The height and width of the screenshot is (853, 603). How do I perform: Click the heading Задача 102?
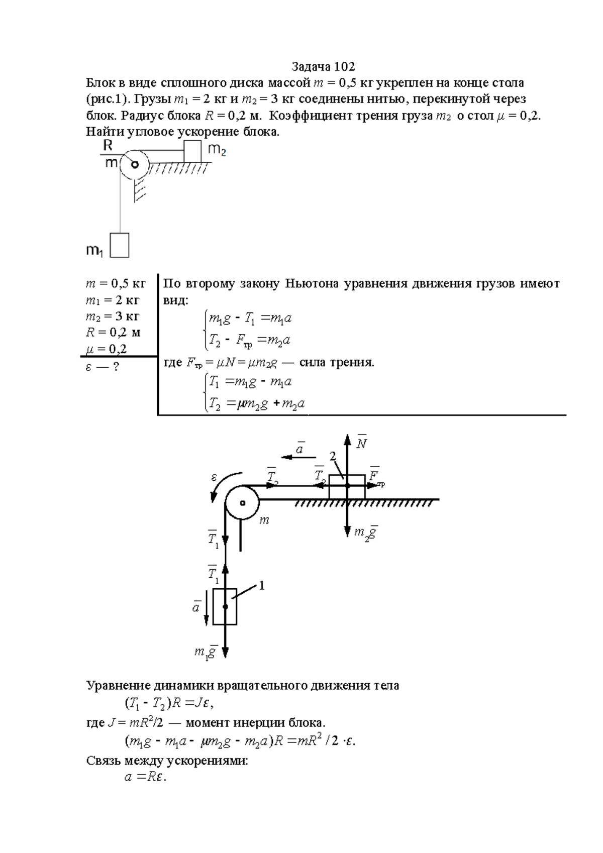(323, 67)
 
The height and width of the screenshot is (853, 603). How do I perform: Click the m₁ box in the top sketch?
(120, 245)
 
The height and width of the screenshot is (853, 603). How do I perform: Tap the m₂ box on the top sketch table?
(192, 151)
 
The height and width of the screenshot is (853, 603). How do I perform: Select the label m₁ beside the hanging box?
(94, 251)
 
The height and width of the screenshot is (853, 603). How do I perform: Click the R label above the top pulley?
(108, 146)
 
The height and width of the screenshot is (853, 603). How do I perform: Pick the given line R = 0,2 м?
(113, 333)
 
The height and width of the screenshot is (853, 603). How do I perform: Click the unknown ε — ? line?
(102, 367)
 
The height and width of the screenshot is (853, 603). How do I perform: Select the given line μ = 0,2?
(107, 349)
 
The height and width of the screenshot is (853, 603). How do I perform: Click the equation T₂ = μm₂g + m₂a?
(257, 403)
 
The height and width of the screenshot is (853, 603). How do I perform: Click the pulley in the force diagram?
(242, 503)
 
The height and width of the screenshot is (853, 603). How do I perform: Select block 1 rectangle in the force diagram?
(225, 606)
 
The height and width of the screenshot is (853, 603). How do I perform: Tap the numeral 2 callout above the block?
(332, 456)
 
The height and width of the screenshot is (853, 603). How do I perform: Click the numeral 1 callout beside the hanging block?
(261, 585)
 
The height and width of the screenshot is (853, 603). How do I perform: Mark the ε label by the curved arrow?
(214, 477)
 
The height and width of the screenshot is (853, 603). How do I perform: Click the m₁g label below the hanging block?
(205, 653)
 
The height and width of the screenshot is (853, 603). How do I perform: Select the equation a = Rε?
(145, 777)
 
